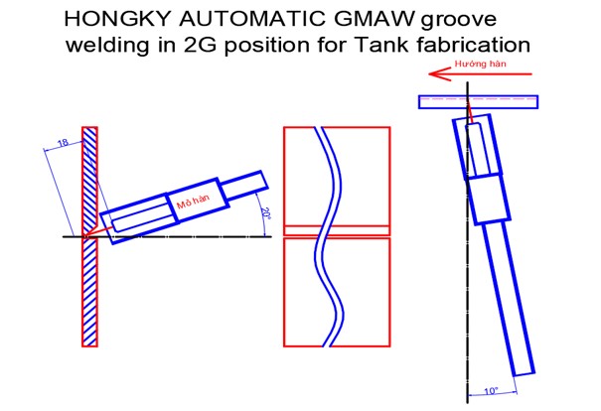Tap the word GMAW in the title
(376, 19)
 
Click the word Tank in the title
(382, 45)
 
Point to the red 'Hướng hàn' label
(480, 64)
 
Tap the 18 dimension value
(63, 143)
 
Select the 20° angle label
(265, 213)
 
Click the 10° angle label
(492, 391)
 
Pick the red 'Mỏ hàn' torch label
(194, 202)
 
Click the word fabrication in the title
(474, 45)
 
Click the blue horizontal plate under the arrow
(479, 102)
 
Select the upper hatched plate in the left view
(89, 180)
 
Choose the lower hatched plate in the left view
(89, 292)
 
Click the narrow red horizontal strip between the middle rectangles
(337, 230)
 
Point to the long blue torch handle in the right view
(509, 298)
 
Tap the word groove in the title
(458, 20)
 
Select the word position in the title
(266, 46)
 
